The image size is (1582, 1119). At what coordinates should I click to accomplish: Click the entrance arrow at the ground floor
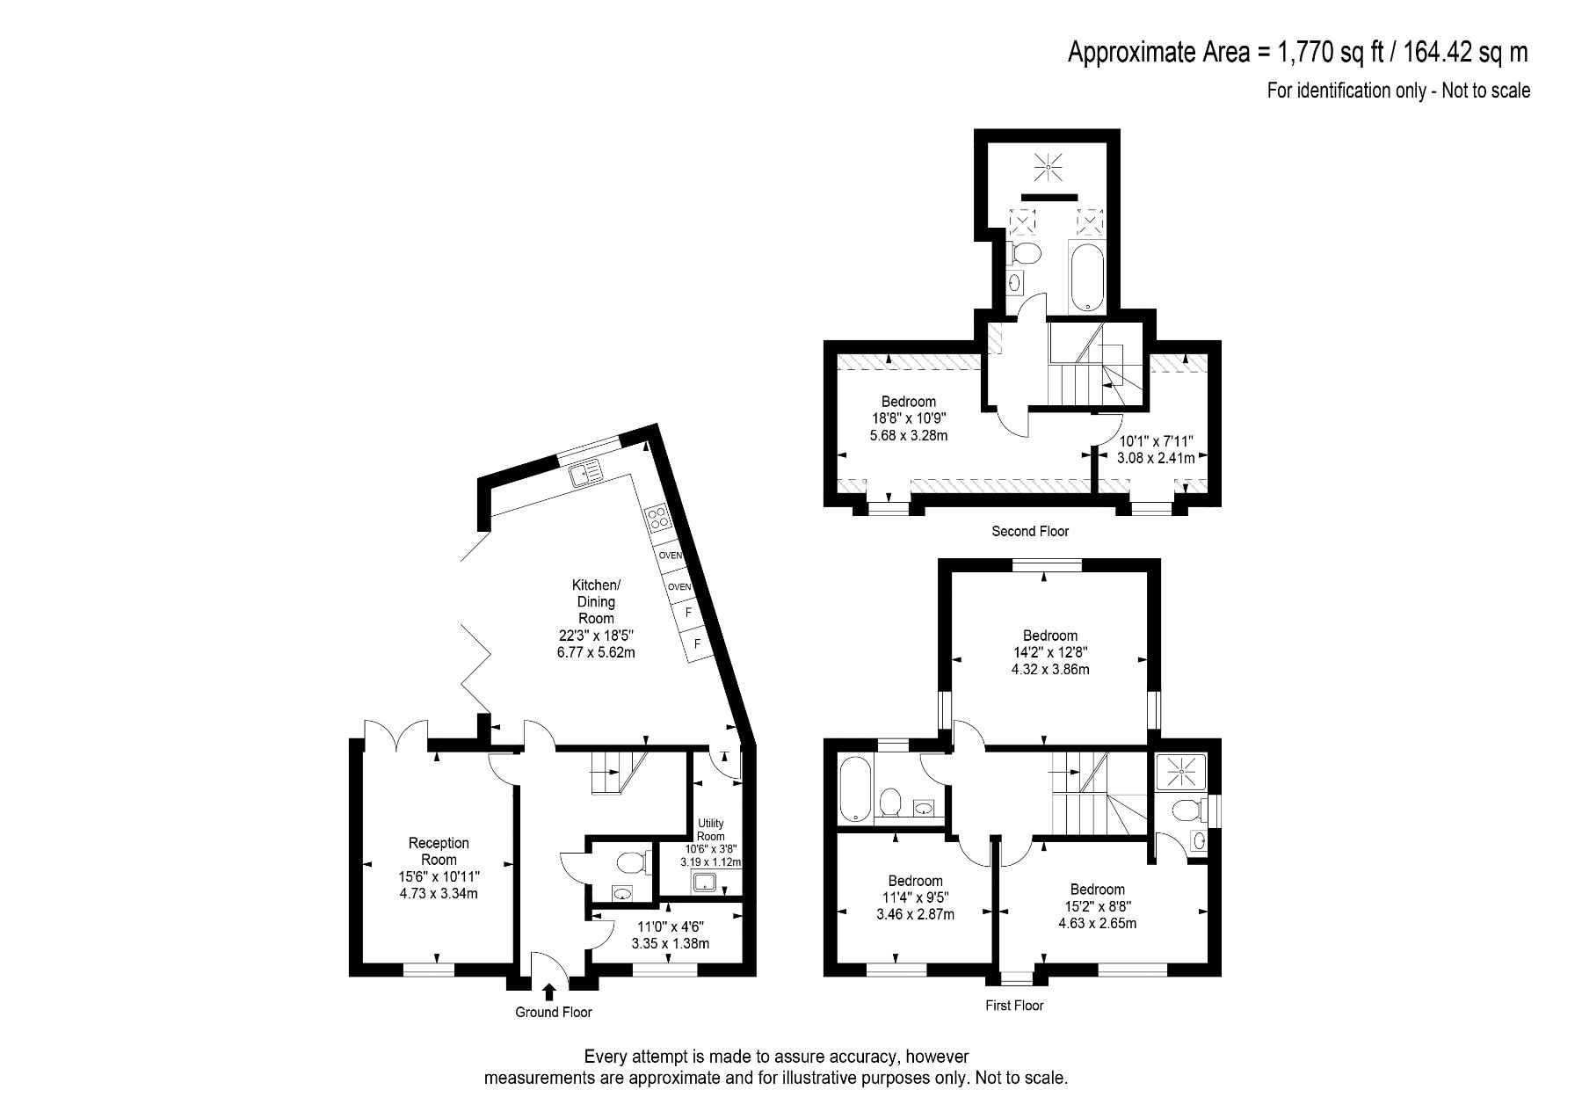coord(548,992)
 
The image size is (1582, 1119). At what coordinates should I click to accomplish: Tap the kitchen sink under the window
coord(584,474)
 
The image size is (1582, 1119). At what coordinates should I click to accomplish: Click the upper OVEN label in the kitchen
coord(671,556)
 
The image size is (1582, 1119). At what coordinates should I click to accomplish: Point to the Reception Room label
coord(439,851)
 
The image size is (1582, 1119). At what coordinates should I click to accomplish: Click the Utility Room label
coord(710,830)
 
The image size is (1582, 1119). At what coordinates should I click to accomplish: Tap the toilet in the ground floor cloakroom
coord(632,862)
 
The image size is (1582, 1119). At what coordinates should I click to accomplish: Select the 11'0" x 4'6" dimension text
coord(671,926)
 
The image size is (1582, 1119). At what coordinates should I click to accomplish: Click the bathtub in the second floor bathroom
coord(1088,278)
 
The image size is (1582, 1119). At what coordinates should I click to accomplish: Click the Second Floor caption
coord(1030,531)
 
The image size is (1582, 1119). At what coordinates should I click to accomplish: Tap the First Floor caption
coord(1015,1005)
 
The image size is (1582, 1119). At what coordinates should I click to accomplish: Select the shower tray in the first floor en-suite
coord(1182,772)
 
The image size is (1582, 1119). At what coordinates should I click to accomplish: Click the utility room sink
coord(706,883)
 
